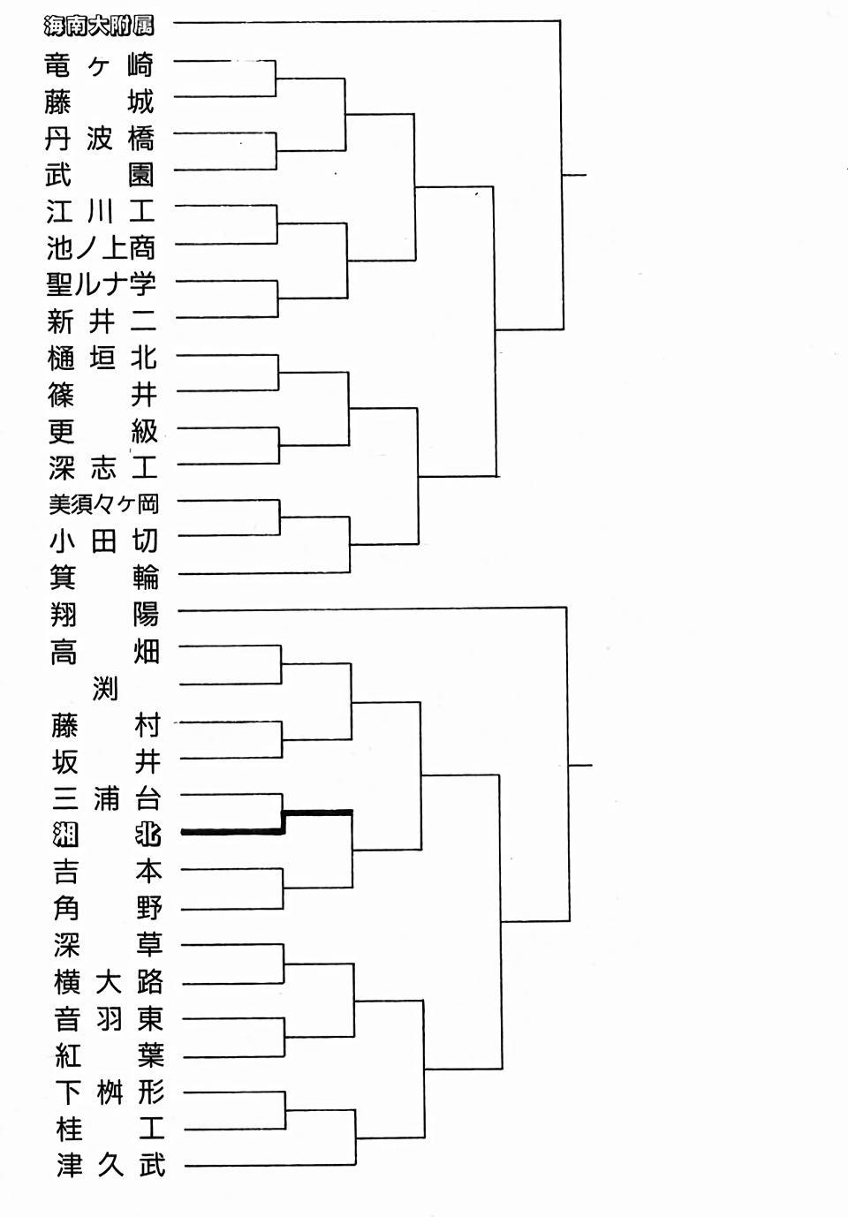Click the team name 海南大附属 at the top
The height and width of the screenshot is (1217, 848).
pos(99,26)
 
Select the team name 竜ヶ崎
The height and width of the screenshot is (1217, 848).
pos(100,65)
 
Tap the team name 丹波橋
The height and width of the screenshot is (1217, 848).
pos(100,139)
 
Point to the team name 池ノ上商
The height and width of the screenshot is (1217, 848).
pos(101,248)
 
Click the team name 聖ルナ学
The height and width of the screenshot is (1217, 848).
pos(102,284)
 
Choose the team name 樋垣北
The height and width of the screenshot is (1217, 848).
pos(102,358)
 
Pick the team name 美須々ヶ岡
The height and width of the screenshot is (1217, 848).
pos(103,504)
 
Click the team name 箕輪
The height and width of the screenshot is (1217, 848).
pos(104,577)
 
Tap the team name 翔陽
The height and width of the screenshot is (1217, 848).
pos(105,615)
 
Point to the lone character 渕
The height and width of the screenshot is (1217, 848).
pos(105,689)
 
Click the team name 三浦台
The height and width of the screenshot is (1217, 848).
pos(107,798)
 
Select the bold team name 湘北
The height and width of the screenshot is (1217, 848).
pos(107,835)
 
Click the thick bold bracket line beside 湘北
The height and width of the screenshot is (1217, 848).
pos(284,822)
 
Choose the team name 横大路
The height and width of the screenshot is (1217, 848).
pos(108,982)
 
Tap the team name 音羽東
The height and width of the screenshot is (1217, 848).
pos(109,1019)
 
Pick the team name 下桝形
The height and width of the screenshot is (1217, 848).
pos(110,1092)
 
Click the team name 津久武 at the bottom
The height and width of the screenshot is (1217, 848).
pos(110,1166)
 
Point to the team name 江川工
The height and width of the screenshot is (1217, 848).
pos(101,211)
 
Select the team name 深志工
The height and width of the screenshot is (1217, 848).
pos(103,468)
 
